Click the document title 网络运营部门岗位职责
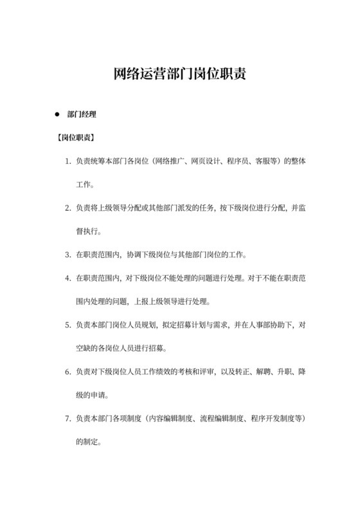(180, 74)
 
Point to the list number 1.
(67, 161)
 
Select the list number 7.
(67, 418)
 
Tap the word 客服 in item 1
(264, 161)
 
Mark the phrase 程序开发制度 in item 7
(273, 418)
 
